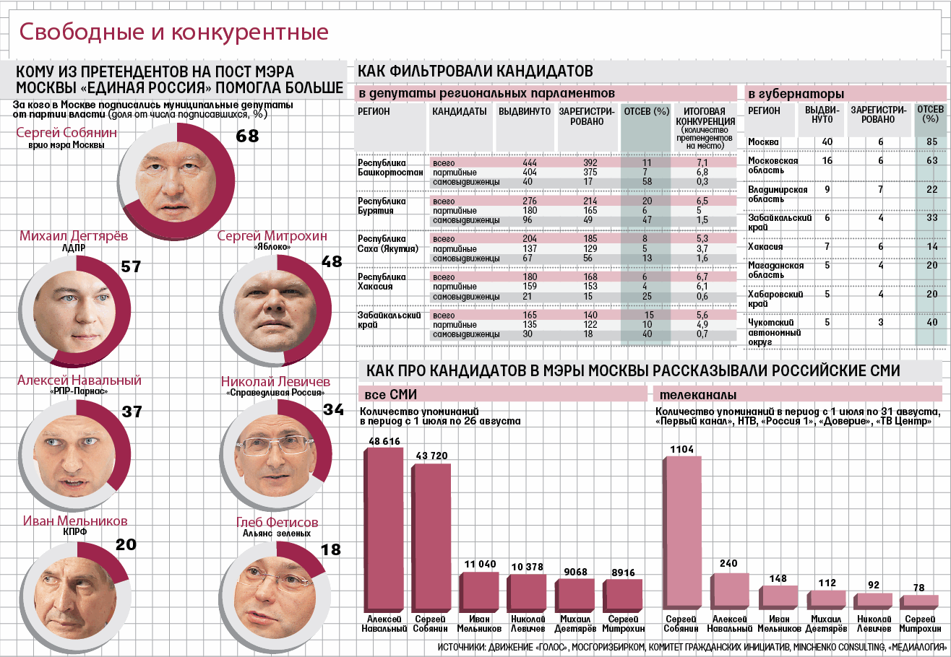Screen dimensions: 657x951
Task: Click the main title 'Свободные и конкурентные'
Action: (x=173, y=32)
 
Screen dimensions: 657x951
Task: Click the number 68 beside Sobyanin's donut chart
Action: (x=247, y=136)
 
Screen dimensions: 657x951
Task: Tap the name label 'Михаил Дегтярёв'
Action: (x=74, y=236)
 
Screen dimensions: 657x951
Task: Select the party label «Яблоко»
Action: (x=272, y=248)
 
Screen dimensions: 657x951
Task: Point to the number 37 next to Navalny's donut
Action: (x=132, y=412)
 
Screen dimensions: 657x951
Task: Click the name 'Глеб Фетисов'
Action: (x=277, y=523)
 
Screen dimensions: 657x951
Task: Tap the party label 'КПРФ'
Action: (x=75, y=532)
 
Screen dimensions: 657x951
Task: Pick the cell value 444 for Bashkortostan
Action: (x=529, y=163)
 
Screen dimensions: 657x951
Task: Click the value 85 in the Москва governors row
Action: (x=932, y=142)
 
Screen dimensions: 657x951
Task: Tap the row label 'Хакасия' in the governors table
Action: (x=765, y=247)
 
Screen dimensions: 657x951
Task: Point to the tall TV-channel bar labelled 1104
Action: (x=681, y=534)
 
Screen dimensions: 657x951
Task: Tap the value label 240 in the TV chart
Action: (x=729, y=564)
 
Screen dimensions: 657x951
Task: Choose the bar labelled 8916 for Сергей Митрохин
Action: (x=622, y=596)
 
